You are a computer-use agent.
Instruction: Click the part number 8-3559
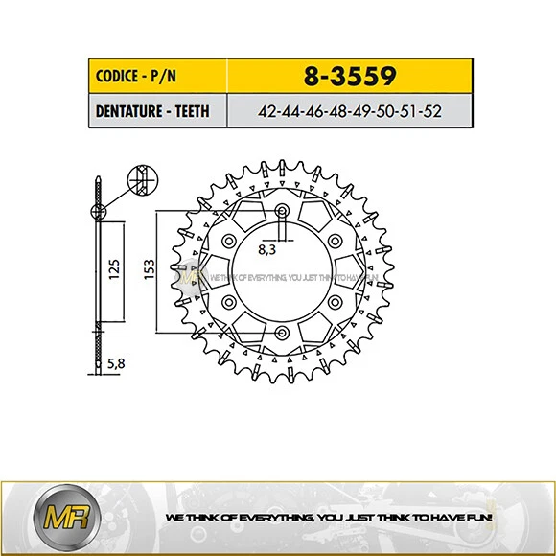(349, 75)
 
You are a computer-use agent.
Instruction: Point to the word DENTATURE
(130, 110)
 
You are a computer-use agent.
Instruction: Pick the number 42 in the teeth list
(268, 110)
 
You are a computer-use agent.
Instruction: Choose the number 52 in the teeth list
(432, 110)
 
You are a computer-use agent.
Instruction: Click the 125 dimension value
(113, 273)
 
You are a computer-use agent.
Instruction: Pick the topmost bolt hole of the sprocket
(280, 212)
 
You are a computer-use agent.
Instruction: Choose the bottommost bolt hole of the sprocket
(280, 333)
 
